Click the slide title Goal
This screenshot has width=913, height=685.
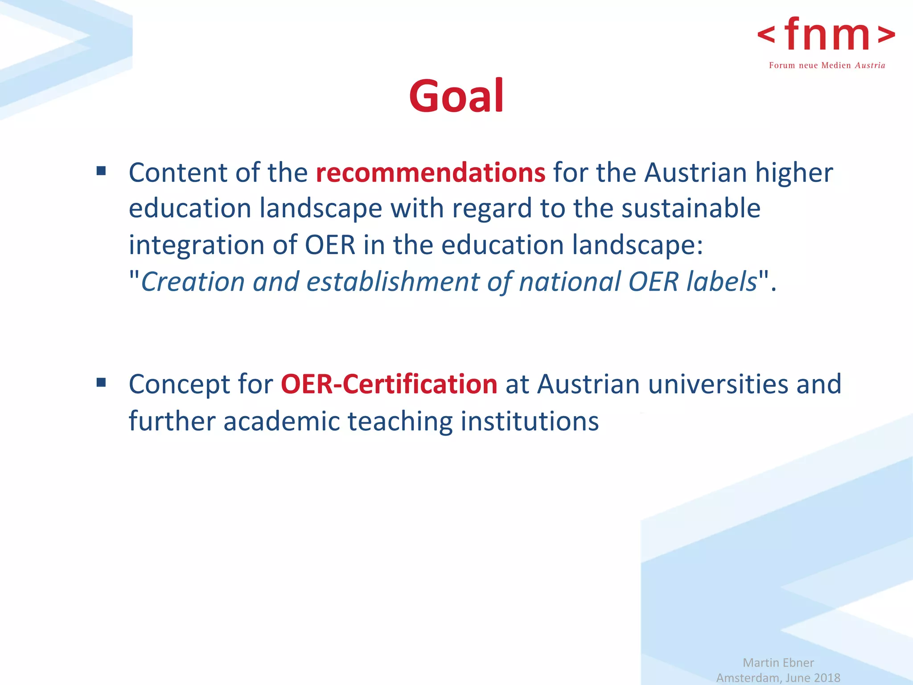(x=456, y=96)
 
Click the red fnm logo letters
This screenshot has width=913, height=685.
(x=827, y=35)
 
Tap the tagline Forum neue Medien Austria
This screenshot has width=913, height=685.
(x=827, y=66)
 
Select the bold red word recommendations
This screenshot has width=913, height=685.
(x=430, y=173)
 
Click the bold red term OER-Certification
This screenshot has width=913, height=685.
(x=389, y=384)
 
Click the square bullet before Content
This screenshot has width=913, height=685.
(x=101, y=171)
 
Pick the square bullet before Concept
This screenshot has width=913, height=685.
(x=101, y=382)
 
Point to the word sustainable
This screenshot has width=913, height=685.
(x=691, y=209)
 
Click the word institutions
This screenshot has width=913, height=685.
(x=530, y=421)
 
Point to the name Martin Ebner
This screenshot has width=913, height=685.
(x=778, y=663)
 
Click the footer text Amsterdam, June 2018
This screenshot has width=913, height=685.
(x=778, y=678)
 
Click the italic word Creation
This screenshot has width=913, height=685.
(x=193, y=282)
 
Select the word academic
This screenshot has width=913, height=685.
(x=282, y=421)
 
